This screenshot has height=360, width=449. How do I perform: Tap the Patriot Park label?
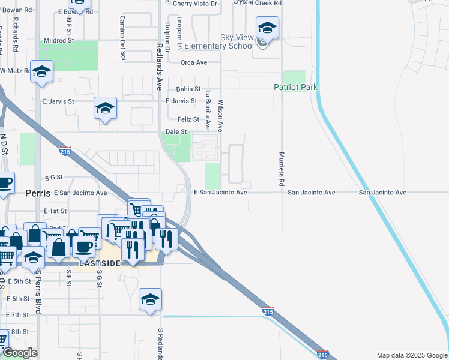point(295,87)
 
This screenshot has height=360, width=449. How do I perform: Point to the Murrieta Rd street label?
point(281,169)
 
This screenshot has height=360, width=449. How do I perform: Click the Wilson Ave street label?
point(221,115)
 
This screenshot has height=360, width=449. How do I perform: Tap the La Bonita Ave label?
point(208,110)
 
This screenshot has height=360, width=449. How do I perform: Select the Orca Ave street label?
point(194,62)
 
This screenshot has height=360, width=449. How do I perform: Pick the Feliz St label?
point(188,119)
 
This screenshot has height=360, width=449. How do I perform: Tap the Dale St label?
point(176,131)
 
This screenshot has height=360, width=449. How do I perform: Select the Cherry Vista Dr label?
point(194,4)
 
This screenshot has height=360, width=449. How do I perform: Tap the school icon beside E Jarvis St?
point(105,109)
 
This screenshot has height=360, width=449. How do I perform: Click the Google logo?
point(20,353)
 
